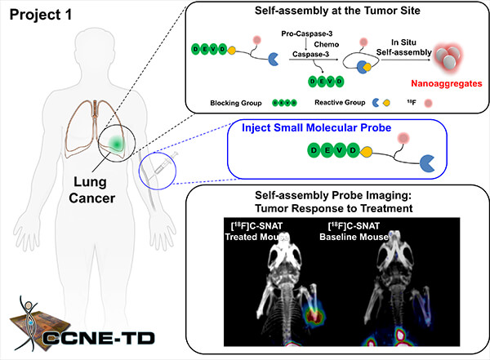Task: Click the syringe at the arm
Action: click(159, 171)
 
